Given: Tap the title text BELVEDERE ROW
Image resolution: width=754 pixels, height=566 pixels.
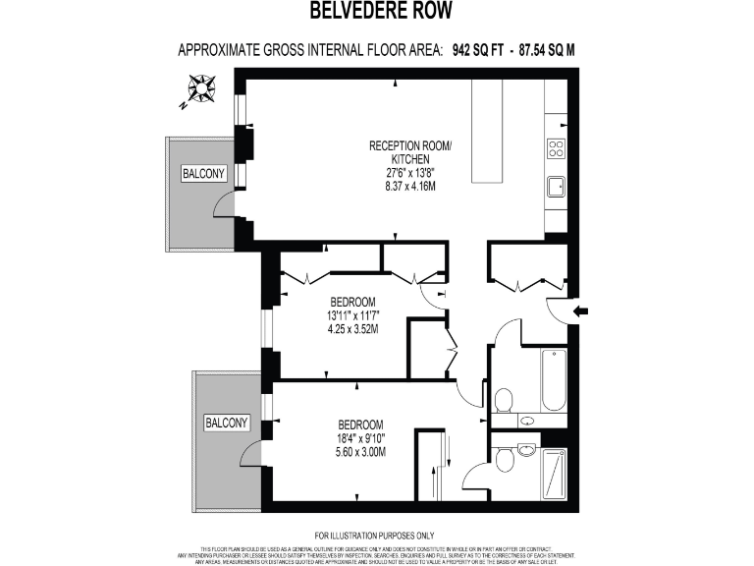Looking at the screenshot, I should tap(377, 13).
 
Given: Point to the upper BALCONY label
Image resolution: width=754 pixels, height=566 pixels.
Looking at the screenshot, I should tap(203, 174).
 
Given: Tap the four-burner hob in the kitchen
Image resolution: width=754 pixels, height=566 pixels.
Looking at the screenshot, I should tap(556, 149).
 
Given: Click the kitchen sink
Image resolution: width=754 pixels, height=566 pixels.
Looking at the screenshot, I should tap(556, 185).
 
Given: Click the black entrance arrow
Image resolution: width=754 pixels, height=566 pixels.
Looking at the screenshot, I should tap(580, 311).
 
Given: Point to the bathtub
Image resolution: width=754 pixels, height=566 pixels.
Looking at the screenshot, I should tap(554, 381).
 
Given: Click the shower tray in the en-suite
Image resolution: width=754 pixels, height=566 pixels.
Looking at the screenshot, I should tap(555, 476).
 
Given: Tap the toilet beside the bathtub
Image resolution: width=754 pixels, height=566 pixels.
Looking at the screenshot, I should tap(504, 399).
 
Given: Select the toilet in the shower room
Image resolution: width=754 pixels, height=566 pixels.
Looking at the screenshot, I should tap(503, 459).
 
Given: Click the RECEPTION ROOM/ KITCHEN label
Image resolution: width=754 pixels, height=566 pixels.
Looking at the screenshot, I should tap(410, 152).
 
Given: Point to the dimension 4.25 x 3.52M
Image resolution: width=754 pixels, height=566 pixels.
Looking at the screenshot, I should tap(353, 329).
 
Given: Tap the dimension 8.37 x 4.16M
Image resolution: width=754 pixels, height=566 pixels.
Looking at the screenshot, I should tap(410, 186).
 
